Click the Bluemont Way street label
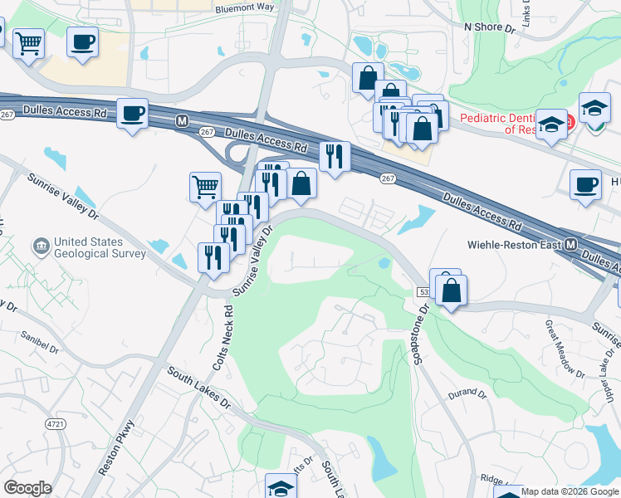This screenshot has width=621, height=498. [x=244, y=7]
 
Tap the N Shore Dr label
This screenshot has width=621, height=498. [x=490, y=27]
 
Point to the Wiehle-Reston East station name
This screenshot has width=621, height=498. [x=515, y=246]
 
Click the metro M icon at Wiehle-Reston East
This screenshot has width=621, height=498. [x=571, y=246]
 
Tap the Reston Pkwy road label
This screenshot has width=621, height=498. [x=116, y=452]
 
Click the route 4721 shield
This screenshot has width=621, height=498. [x=55, y=424]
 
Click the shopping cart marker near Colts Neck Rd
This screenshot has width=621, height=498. [x=205, y=186]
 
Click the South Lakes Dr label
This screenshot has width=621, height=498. [x=197, y=387]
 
